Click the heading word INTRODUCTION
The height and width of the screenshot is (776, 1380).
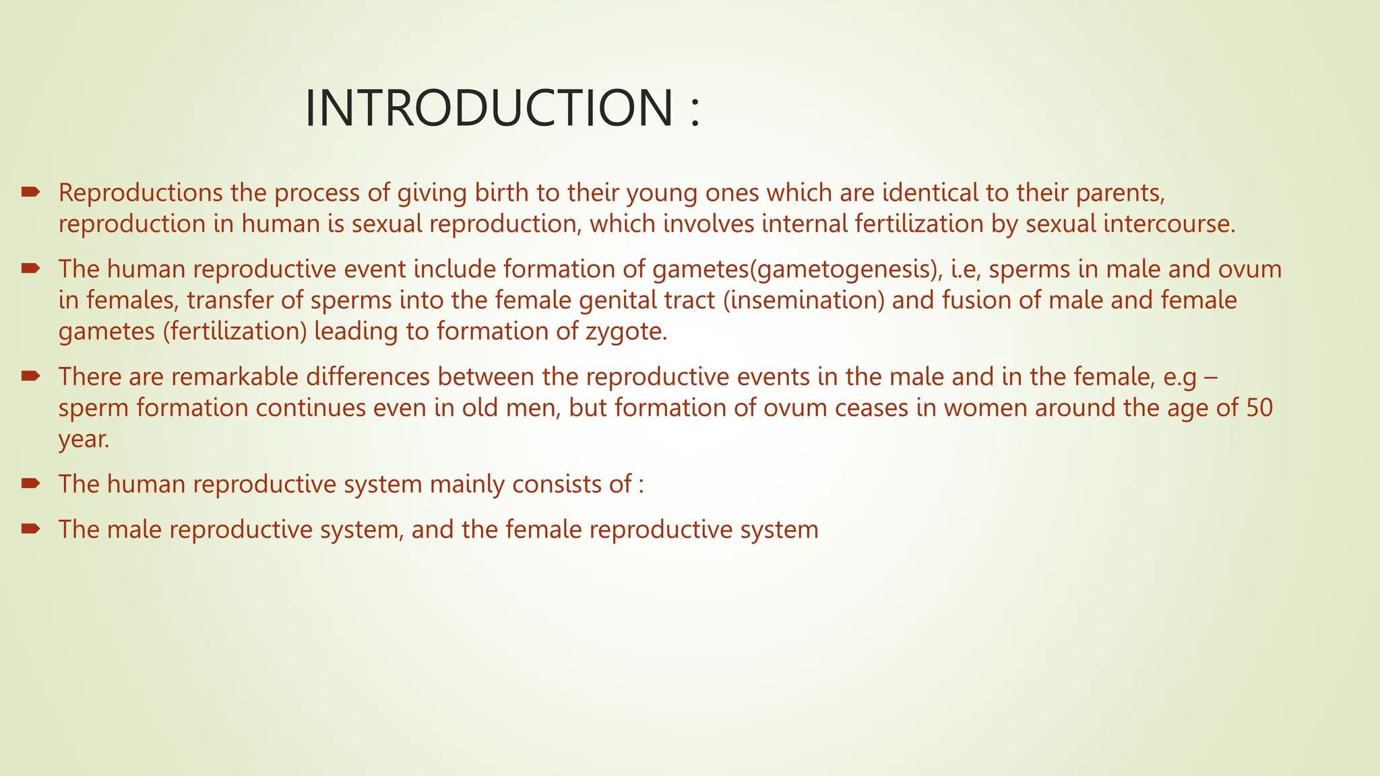tap(489, 108)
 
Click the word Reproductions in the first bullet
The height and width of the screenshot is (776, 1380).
tap(140, 193)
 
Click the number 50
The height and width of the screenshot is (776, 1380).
tap(1259, 408)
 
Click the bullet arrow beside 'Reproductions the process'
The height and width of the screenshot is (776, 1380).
tap(30, 193)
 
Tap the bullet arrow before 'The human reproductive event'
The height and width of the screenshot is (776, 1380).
tap(30, 269)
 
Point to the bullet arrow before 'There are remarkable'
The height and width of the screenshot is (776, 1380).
tap(30, 376)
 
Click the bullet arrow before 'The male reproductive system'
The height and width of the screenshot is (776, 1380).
tap(30, 529)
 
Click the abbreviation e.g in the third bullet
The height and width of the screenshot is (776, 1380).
tap(1180, 377)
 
